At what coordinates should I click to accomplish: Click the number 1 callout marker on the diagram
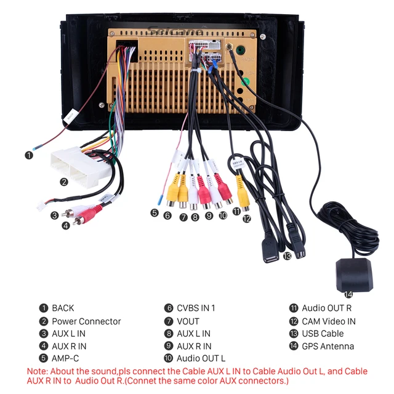[28, 156]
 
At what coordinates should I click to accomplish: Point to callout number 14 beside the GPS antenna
[348, 294]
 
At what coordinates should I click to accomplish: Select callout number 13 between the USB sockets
[286, 255]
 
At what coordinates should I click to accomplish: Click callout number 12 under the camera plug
[247, 218]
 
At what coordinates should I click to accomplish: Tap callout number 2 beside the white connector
[63, 182]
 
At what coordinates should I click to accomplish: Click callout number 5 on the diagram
[155, 212]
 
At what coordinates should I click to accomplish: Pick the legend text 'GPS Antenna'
[328, 346]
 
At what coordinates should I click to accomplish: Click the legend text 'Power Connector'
[86, 321]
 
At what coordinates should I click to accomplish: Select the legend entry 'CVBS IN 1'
[196, 308]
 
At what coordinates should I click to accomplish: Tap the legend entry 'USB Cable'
[323, 333]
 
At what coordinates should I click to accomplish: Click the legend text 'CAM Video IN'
[328, 321]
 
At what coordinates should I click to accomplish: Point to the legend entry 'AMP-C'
[65, 358]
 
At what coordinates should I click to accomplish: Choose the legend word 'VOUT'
[188, 321]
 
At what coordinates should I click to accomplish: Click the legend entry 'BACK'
[63, 308]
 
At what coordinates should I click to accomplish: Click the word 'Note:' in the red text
[37, 371]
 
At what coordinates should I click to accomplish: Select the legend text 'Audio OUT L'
[201, 358]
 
